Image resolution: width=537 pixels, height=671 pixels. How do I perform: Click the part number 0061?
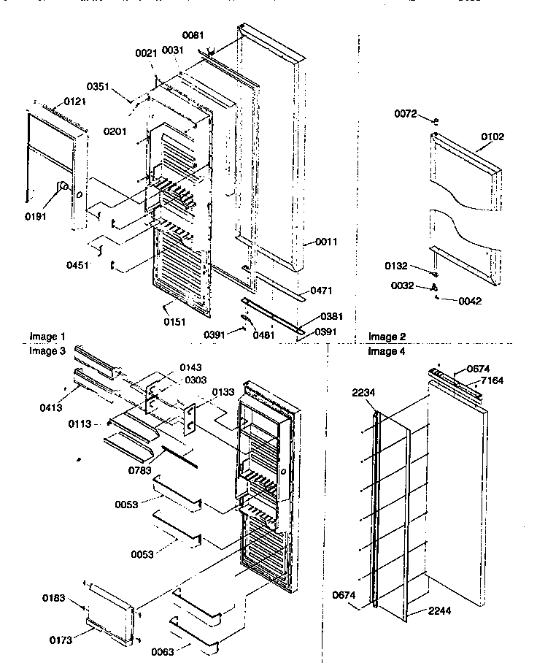[194, 35]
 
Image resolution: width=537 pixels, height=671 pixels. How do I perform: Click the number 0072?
[406, 114]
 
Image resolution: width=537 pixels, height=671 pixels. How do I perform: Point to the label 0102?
[492, 137]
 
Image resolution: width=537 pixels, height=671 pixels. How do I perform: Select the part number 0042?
[471, 300]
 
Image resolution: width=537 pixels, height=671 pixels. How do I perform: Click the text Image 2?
[387, 337]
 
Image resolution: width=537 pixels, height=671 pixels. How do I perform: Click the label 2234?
[363, 394]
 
